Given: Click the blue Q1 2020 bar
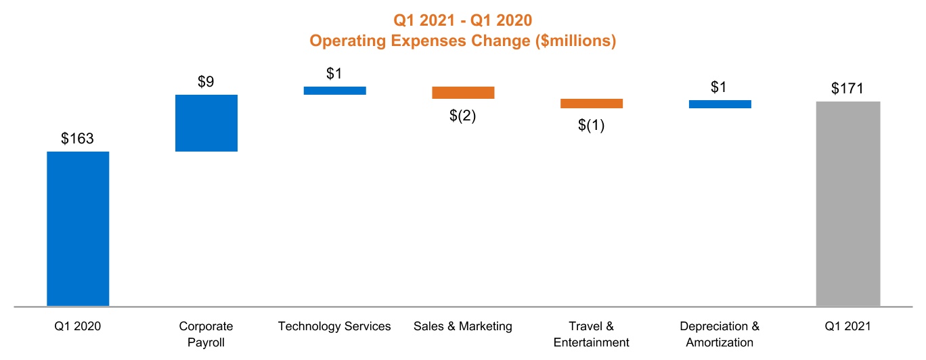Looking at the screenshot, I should tap(78, 229).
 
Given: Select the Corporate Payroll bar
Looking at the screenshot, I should tap(206, 123).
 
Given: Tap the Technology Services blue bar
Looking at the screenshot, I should tap(335, 91).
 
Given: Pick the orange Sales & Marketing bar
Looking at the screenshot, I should tap(464, 93).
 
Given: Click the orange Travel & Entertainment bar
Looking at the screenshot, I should tap(592, 104).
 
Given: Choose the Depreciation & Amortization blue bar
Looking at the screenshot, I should tap(720, 104).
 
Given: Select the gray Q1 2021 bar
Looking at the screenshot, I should tap(848, 204).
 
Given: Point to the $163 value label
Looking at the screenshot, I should tap(77, 139).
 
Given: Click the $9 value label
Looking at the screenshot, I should tap(206, 82).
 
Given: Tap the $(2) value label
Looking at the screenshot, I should tap(463, 116).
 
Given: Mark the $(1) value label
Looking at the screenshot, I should tap(592, 126).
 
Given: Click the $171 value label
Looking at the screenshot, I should tap(848, 89).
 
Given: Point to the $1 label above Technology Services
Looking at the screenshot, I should tap(334, 74).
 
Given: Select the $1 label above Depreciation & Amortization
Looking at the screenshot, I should tap(720, 87).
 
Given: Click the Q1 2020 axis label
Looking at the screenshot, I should tap(78, 327).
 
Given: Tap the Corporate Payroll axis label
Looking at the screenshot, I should tap(206, 334).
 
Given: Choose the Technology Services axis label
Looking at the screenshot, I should tap(334, 327).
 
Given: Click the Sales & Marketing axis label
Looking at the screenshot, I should tap(463, 327).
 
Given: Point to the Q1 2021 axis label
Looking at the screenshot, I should tap(848, 327).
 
